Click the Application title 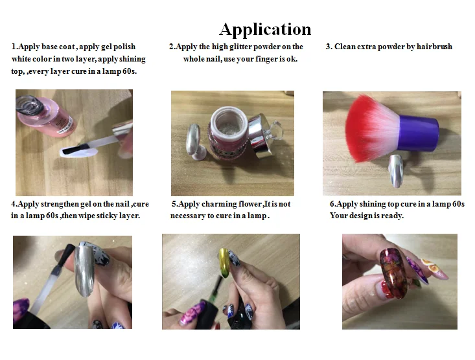tap(265, 30)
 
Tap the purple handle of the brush tap(419, 133)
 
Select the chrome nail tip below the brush tap(396, 170)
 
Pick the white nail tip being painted tap(78, 151)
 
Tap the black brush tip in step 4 tap(69, 254)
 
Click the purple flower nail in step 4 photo tap(21, 309)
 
